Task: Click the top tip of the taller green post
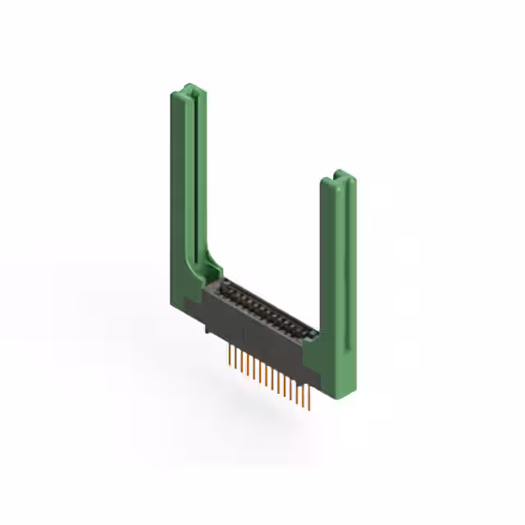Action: pyautogui.click(x=188, y=88)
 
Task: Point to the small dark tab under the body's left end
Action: pyautogui.click(x=207, y=329)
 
